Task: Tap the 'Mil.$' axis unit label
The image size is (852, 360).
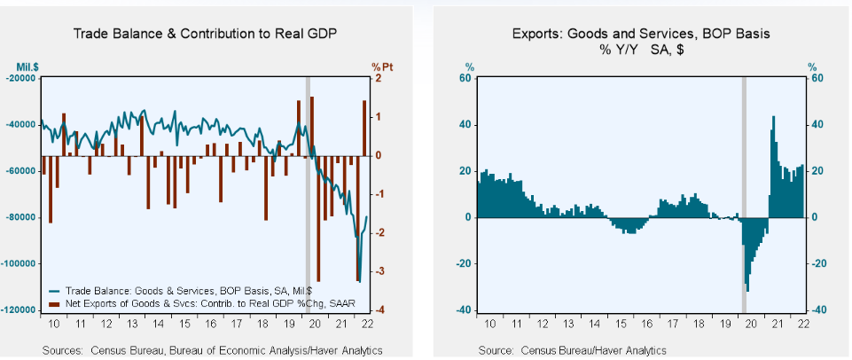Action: point(26,65)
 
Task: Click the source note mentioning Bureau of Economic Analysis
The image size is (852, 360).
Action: point(213,351)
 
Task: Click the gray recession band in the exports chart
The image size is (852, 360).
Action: point(744,195)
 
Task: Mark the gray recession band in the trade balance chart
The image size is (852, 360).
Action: point(308,195)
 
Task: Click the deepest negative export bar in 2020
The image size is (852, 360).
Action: point(747,288)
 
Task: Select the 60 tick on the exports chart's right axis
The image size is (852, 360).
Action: point(818,78)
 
